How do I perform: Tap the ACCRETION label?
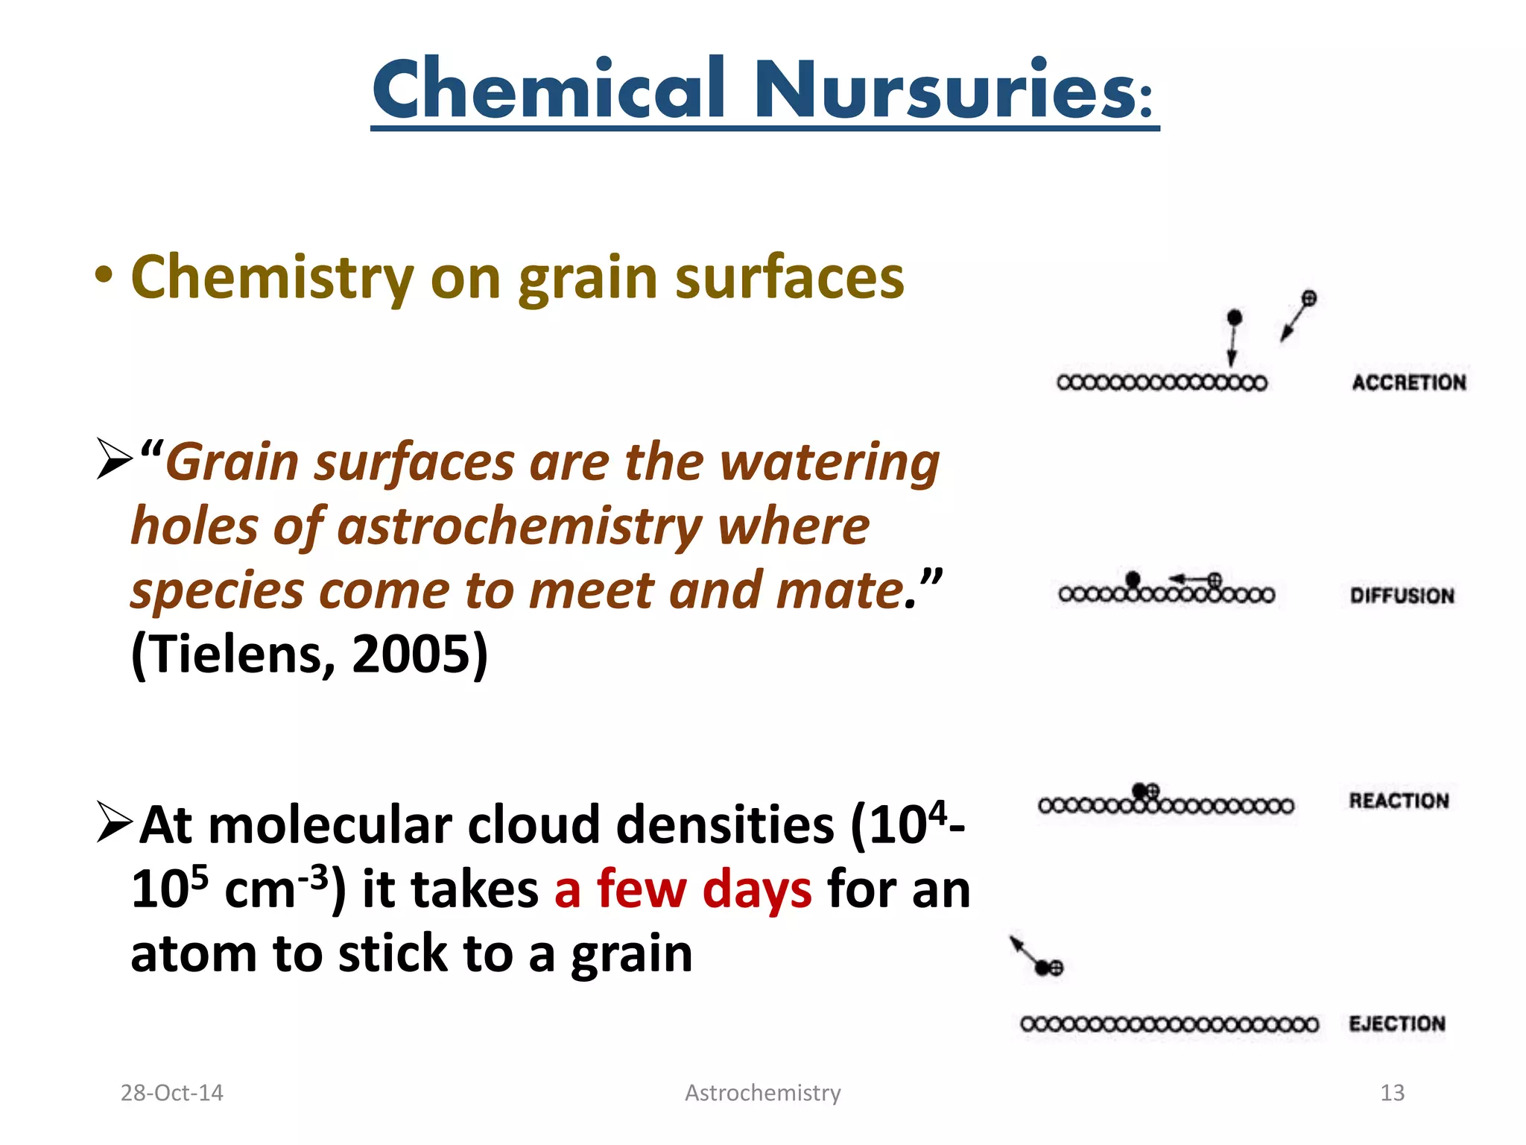click(x=1408, y=382)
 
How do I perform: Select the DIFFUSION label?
click(x=1402, y=596)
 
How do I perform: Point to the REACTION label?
click(x=1399, y=801)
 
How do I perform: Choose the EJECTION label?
click(x=1397, y=1023)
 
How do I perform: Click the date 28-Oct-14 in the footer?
click(x=171, y=1093)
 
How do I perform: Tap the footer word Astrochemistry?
click(x=762, y=1093)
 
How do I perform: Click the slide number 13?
click(x=1392, y=1093)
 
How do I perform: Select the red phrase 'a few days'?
click(x=683, y=889)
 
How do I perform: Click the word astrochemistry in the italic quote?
click(x=519, y=526)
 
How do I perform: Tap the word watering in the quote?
click(x=829, y=462)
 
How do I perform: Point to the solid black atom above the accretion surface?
click(x=1234, y=318)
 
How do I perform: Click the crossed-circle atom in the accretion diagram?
click(x=1308, y=299)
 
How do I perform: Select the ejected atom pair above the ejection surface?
click(x=1048, y=968)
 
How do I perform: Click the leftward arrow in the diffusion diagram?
click(x=1187, y=578)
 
